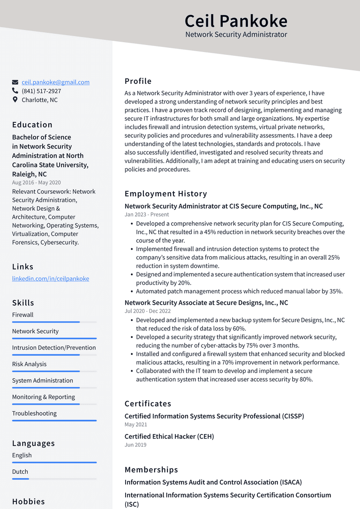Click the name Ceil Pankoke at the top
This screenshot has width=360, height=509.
[236, 21]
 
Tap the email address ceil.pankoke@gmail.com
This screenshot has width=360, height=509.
[55, 82]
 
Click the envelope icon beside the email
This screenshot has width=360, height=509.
[15, 82]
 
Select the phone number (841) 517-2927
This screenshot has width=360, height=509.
[41, 91]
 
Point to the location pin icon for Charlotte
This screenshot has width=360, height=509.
[15, 100]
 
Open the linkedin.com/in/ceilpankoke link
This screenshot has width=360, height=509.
[51, 278]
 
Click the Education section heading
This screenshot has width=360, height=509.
[32, 125]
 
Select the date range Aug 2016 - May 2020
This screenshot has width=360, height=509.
[36, 182]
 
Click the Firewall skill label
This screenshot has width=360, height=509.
[23, 314]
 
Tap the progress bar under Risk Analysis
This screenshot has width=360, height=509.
[54, 371]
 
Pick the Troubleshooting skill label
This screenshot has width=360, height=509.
[34, 413]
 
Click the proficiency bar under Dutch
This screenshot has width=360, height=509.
[54, 479]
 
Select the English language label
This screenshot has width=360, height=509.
[22, 455]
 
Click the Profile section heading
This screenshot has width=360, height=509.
[138, 81]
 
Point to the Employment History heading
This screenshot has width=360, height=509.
[165, 194]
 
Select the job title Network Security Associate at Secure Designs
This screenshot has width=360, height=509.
[206, 303]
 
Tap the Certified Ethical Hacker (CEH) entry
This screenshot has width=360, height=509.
[169, 436]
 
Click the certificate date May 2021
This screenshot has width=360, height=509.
[136, 424]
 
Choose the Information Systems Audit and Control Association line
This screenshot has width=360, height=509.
[213, 482]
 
